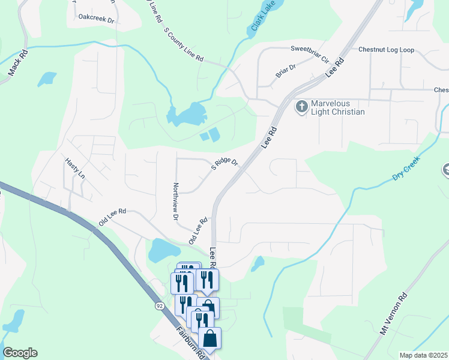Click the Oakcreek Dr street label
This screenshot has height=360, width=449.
[x=96, y=19]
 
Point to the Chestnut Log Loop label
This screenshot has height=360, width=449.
[x=387, y=50]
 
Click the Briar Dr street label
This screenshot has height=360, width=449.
[x=286, y=71]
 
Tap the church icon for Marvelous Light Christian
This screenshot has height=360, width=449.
[x=301, y=107]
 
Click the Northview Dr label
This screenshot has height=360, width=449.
[x=176, y=202]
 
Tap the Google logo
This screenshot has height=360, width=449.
[x=20, y=353]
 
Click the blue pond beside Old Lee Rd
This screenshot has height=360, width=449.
[x=162, y=251]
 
